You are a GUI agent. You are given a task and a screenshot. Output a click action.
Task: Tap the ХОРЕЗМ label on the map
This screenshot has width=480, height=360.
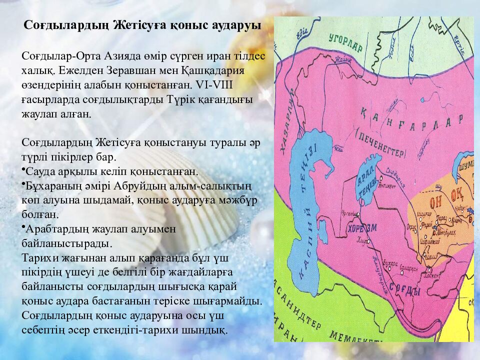click(358, 230)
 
